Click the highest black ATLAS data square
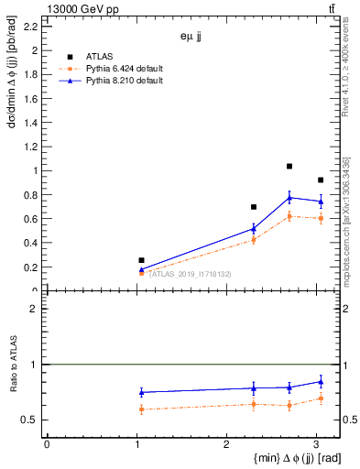[x=289, y=167]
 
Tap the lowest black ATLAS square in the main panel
[x=141, y=260]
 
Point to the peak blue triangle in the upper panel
[x=289, y=198]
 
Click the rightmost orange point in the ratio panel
[x=320, y=398]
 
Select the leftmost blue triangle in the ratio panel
[x=141, y=392]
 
